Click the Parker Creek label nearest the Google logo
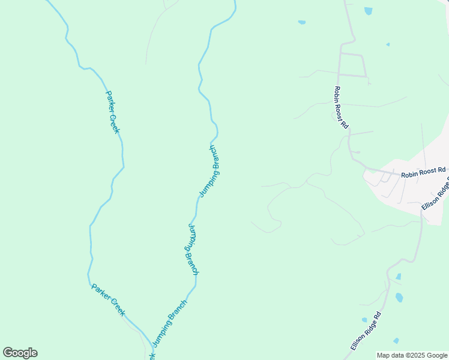pyautogui.click(x=108, y=299)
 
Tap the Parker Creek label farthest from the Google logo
pyautogui.click(x=113, y=112)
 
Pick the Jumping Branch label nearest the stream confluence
pyautogui.click(x=170, y=322)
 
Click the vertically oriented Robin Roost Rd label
pyautogui.click(x=340, y=107)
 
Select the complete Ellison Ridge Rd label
pyautogui.click(x=366, y=331)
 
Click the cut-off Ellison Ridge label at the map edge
pyautogui.click(x=436, y=196)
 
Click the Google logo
pyautogui.click(x=20, y=353)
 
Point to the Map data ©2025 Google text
pyautogui.click(x=412, y=355)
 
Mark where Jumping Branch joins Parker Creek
pyautogui.click(x=150, y=345)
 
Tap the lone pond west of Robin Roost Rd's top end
pyautogui.click(x=302, y=23)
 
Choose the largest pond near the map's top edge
pyautogui.click(x=368, y=11)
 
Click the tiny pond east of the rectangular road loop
pyautogui.click(x=388, y=44)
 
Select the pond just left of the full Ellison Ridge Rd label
pyautogui.click(x=364, y=320)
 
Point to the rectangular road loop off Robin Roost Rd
pyautogui.click(x=352, y=65)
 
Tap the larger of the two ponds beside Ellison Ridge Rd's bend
pyautogui.click(x=399, y=298)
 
